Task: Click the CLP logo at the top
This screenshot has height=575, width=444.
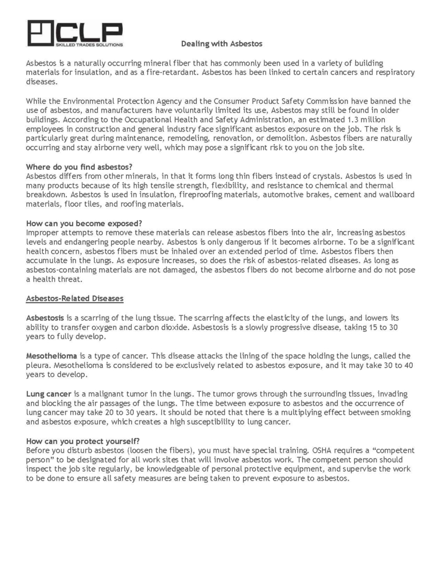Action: click(75, 33)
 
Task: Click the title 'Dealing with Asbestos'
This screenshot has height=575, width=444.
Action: click(221, 43)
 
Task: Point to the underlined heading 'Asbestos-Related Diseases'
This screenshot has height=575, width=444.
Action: click(75, 299)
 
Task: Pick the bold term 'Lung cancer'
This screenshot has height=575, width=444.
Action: click(48, 394)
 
